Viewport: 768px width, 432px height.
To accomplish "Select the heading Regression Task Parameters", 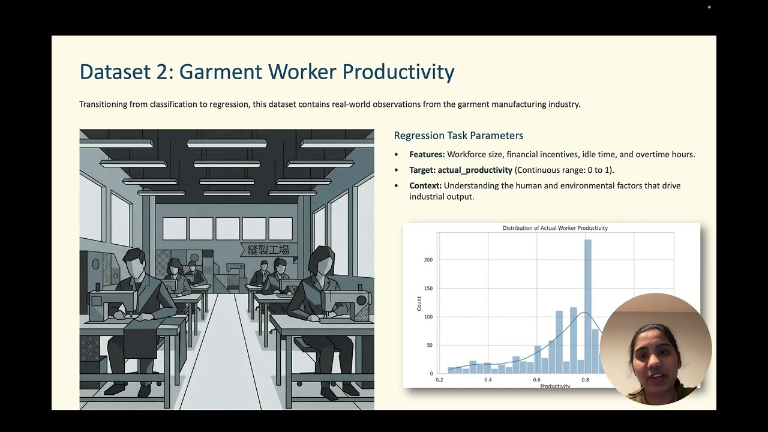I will (x=458, y=136).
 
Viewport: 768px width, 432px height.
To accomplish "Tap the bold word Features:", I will (x=427, y=155).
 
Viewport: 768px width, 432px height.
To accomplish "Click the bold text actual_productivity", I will (x=475, y=170).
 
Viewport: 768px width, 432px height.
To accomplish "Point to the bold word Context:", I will (x=425, y=186).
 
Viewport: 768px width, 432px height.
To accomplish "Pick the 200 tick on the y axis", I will (x=428, y=260).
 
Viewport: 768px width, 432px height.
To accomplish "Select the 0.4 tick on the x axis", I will (x=488, y=380).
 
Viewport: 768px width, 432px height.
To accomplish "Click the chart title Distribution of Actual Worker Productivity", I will (x=555, y=228).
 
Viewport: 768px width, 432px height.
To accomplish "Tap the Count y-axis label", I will (x=419, y=303).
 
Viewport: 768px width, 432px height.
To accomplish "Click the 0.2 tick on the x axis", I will (x=439, y=380).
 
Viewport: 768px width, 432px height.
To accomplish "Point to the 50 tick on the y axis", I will (x=429, y=345).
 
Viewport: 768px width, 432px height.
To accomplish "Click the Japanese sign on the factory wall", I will (x=268, y=250).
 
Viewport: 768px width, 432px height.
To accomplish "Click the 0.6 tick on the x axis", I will (x=536, y=380).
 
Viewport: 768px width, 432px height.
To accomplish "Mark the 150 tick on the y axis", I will (x=428, y=288).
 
